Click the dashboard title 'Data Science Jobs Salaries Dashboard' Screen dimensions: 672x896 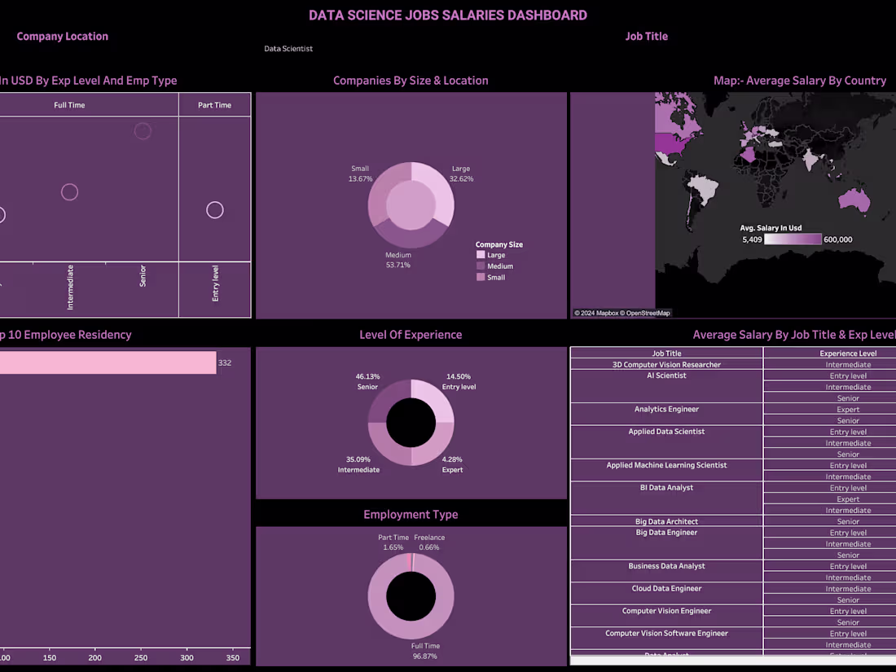point(447,15)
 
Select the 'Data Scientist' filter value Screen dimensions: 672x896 point(288,49)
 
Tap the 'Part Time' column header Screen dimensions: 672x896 point(214,105)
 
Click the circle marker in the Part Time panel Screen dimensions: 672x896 point(214,210)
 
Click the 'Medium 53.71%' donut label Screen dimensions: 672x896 point(398,260)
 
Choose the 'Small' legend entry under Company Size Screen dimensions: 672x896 point(495,278)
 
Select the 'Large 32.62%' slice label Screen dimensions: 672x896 point(461,173)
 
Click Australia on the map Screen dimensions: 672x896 point(854,199)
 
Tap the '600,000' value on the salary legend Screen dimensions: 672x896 point(838,239)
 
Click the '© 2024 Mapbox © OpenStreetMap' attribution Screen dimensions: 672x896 point(622,313)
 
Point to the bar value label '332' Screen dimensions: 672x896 point(225,362)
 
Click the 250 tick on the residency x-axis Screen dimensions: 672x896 point(142,658)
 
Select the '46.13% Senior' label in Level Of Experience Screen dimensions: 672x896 point(367,382)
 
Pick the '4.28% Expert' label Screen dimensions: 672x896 point(452,464)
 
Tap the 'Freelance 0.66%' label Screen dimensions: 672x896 point(429,542)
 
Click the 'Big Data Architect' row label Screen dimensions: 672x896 point(666,521)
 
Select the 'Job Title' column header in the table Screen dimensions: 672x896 point(666,354)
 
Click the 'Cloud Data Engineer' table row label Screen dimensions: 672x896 point(666,589)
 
